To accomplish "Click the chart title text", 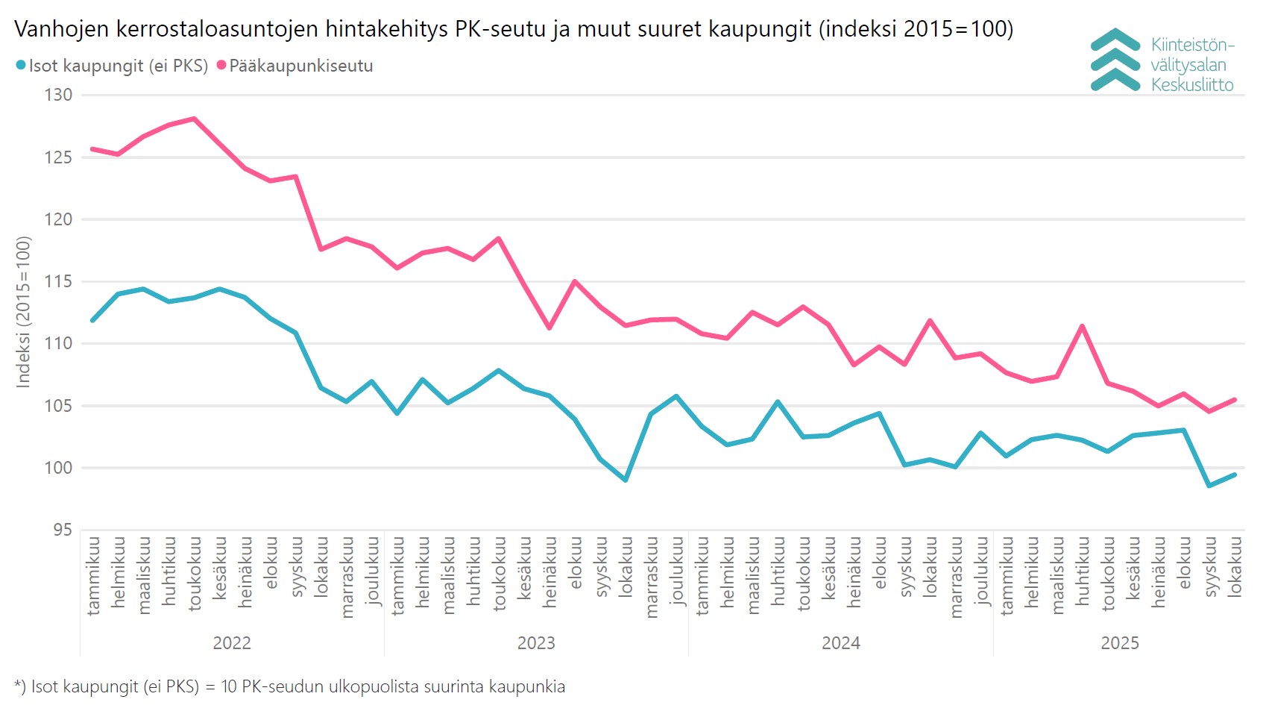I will tap(514, 29).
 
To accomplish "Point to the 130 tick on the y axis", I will tap(58, 95).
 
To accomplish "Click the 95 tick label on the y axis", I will tap(63, 530).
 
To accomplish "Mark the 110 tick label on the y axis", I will tap(58, 343).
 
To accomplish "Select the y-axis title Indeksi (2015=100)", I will tap(24, 312).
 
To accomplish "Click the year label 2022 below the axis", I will tap(232, 643).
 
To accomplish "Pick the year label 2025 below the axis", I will tap(1120, 643).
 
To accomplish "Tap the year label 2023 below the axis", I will tap(536, 643).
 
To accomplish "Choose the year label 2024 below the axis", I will tap(841, 643).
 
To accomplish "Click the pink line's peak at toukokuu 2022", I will tap(194, 119).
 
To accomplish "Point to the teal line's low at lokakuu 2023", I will tap(626, 480).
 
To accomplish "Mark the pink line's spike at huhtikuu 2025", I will tap(1082, 326).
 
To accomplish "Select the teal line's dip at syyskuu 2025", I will tap(1209, 486).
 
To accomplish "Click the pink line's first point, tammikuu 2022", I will tap(92, 149).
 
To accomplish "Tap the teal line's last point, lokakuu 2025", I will tap(1235, 475).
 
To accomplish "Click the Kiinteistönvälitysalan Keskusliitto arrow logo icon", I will tap(1115, 60).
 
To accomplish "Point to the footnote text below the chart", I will tap(289, 686).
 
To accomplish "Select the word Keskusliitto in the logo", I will tap(1192, 85).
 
